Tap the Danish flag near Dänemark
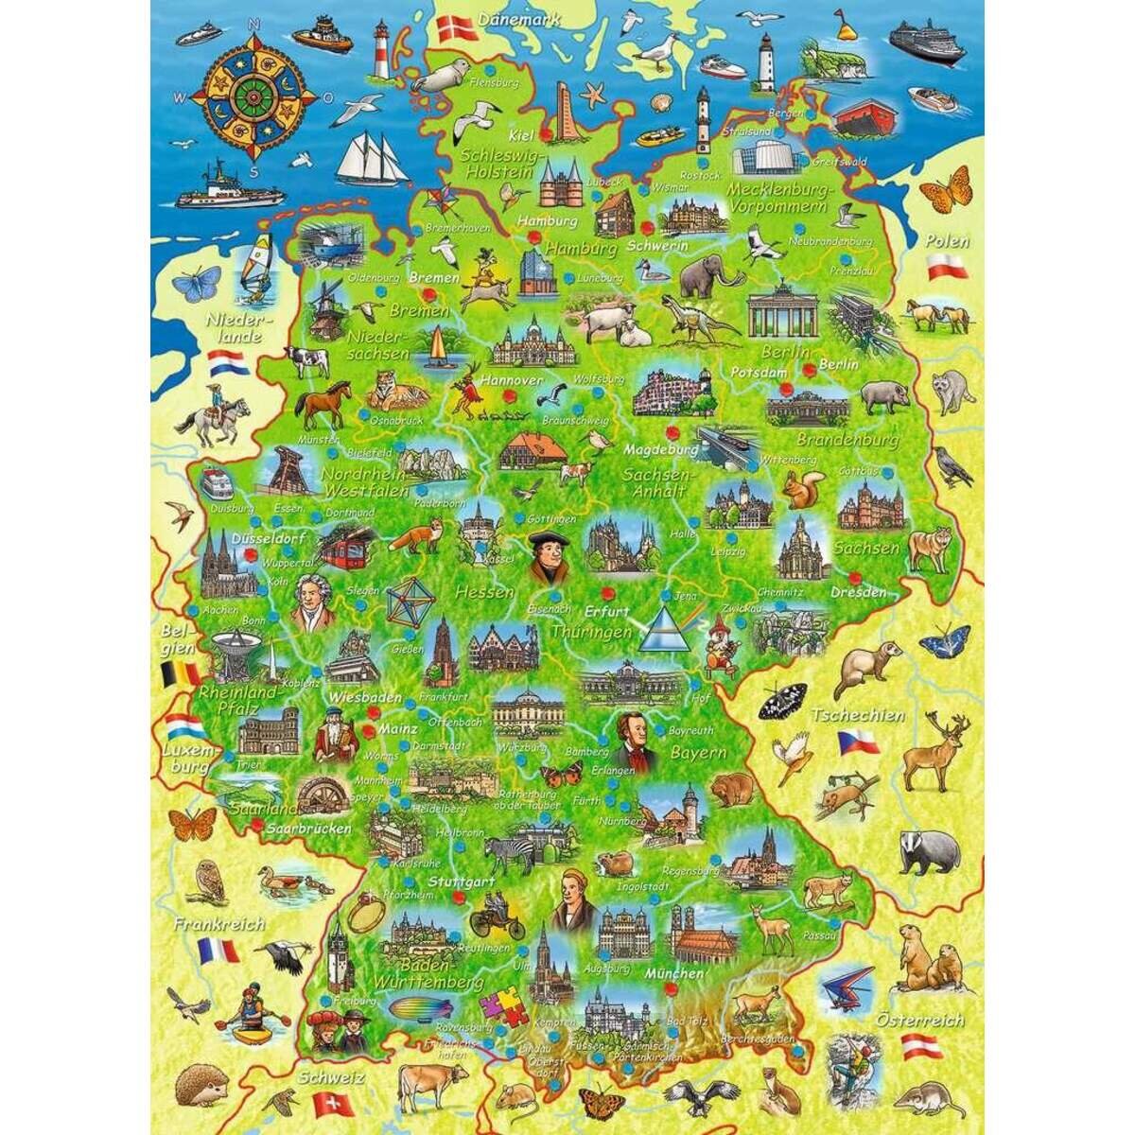(x=453, y=26)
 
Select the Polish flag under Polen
(x=946, y=268)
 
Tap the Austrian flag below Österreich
(x=921, y=1047)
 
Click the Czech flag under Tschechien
(x=858, y=741)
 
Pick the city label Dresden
(x=858, y=593)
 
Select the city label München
(x=673, y=973)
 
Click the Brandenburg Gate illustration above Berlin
(x=782, y=312)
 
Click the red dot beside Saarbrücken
(x=258, y=826)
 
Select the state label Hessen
(x=483, y=593)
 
